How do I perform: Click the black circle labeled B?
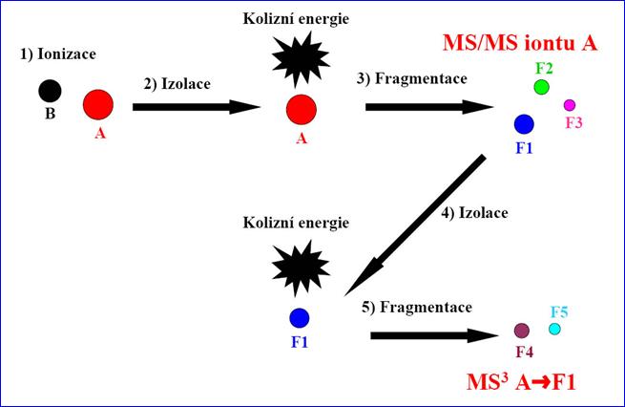click(50, 91)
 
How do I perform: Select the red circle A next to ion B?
click(98, 104)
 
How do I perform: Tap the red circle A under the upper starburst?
click(302, 109)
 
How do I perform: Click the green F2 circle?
click(541, 87)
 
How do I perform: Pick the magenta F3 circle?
click(570, 105)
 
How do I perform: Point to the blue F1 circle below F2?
click(524, 124)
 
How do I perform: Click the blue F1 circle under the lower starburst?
click(300, 318)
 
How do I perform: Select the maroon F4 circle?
click(522, 331)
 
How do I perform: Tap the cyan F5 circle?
click(554, 329)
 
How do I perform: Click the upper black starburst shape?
click(301, 60)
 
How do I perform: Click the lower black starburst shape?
click(301, 268)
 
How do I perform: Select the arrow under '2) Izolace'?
click(197, 107)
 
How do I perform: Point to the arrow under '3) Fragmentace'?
click(429, 107)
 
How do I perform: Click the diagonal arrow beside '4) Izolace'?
click(415, 225)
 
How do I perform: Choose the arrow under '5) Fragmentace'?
click(434, 335)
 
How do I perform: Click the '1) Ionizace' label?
click(58, 54)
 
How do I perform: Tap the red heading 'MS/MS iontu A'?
click(520, 43)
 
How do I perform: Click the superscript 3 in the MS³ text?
click(504, 377)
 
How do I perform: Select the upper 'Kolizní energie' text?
click(296, 19)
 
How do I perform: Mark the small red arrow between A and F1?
click(541, 383)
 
